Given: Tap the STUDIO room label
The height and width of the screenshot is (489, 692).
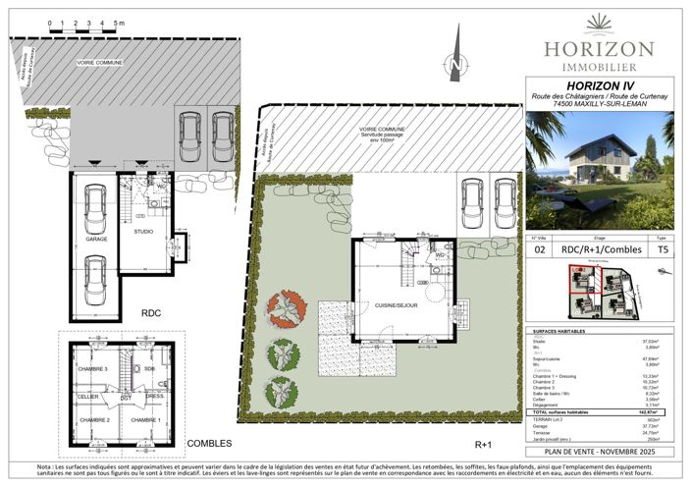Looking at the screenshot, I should click(x=143, y=232).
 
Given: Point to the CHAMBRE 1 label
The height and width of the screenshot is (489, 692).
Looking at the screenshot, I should click(x=146, y=419).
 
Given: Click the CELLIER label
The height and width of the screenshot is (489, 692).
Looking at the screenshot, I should click(x=88, y=396).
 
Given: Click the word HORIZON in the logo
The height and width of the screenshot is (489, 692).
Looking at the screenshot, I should click(x=599, y=48).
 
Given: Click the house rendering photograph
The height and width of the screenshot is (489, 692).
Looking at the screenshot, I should click(x=598, y=170).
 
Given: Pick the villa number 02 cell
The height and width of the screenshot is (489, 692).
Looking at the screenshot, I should click(x=539, y=250).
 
